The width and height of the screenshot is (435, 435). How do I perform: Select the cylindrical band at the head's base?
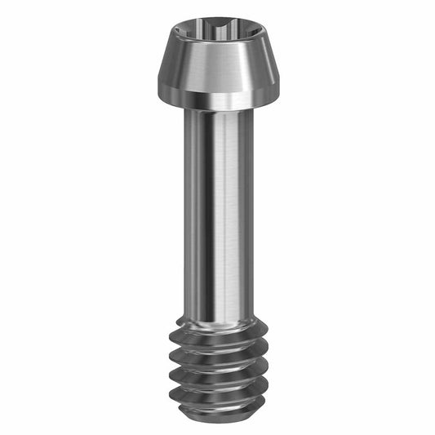(216, 101)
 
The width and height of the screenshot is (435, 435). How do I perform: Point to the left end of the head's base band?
(162, 96)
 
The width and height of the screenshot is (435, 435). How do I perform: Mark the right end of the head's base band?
(271, 96)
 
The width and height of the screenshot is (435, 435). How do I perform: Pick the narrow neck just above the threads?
(216, 314)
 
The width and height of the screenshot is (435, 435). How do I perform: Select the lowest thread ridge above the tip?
(216, 393)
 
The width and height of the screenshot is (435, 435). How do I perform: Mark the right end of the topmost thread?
(265, 326)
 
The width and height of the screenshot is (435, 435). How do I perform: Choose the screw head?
(216, 65)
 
